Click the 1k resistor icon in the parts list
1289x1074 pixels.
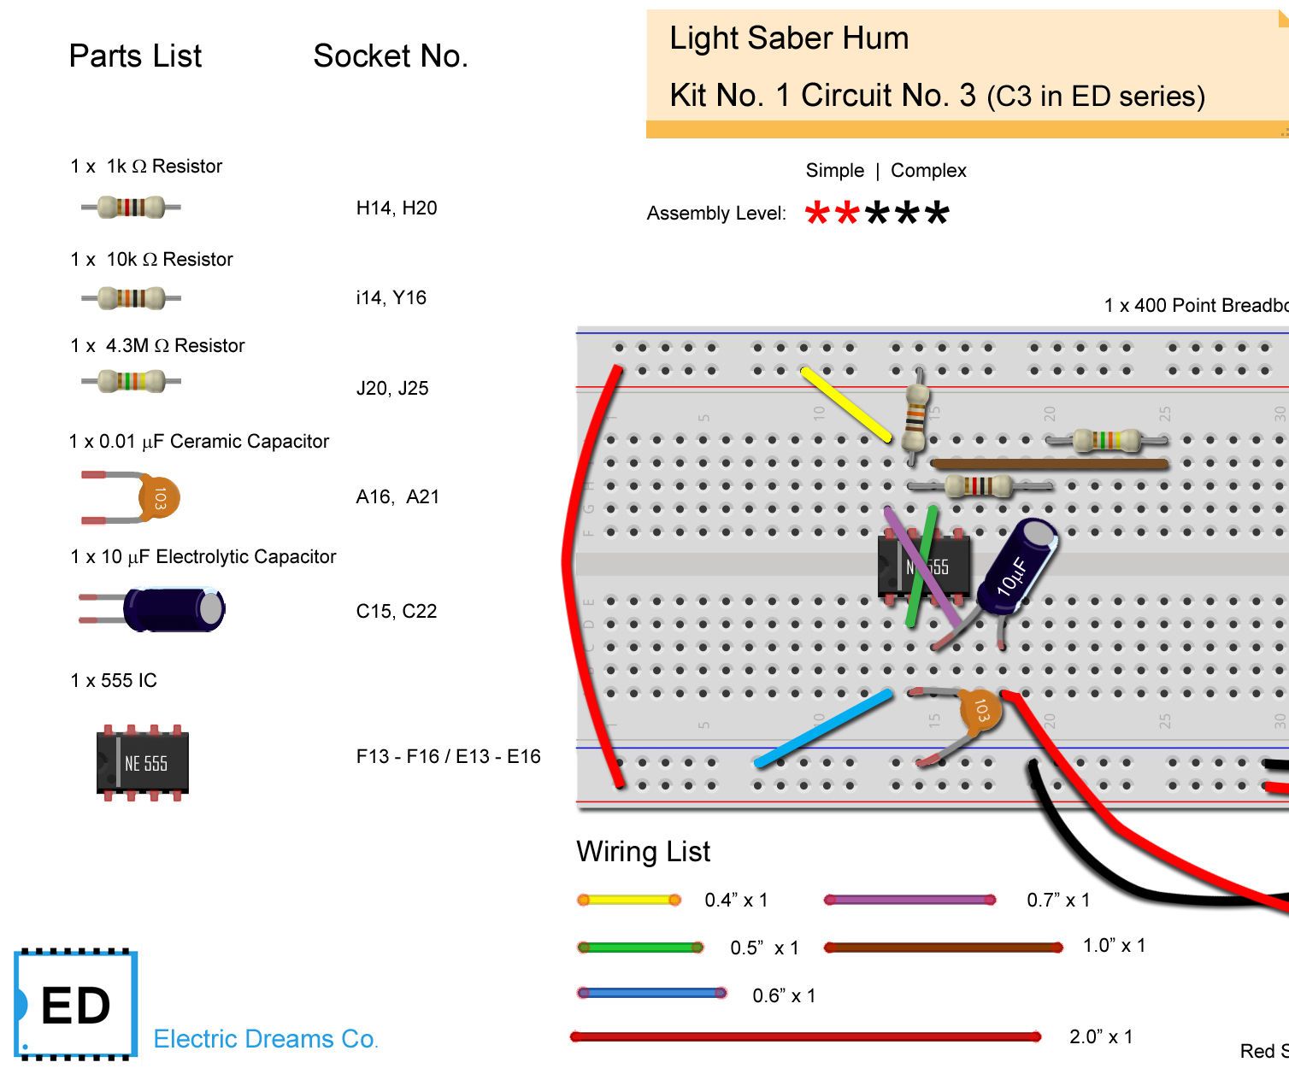pos(131,207)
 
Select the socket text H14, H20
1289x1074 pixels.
pos(397,208)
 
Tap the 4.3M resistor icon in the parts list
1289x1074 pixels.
pos(131,381)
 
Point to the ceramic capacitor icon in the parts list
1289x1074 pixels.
pos(131,497)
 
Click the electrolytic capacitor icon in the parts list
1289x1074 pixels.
pos(152,608)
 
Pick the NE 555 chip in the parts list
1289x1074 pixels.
pos(143,763)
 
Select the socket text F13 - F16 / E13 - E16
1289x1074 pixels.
pos(448,756)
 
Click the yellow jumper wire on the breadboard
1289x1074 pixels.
pos(845,405)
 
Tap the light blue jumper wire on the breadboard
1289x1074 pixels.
pos(823,728)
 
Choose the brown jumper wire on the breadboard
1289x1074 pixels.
pos(1050,464)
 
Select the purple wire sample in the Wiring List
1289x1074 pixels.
pos(910,900)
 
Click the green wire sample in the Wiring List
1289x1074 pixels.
pos(640,948)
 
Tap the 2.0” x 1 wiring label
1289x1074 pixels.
pos(1101,1036)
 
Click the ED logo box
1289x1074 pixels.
pos(76,1005)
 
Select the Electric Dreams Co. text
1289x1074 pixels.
pos(266,1039)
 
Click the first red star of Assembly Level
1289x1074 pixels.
pos(817,214)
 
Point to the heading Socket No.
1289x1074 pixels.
pos(390,56)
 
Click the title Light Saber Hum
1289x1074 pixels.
pos(789,38)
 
